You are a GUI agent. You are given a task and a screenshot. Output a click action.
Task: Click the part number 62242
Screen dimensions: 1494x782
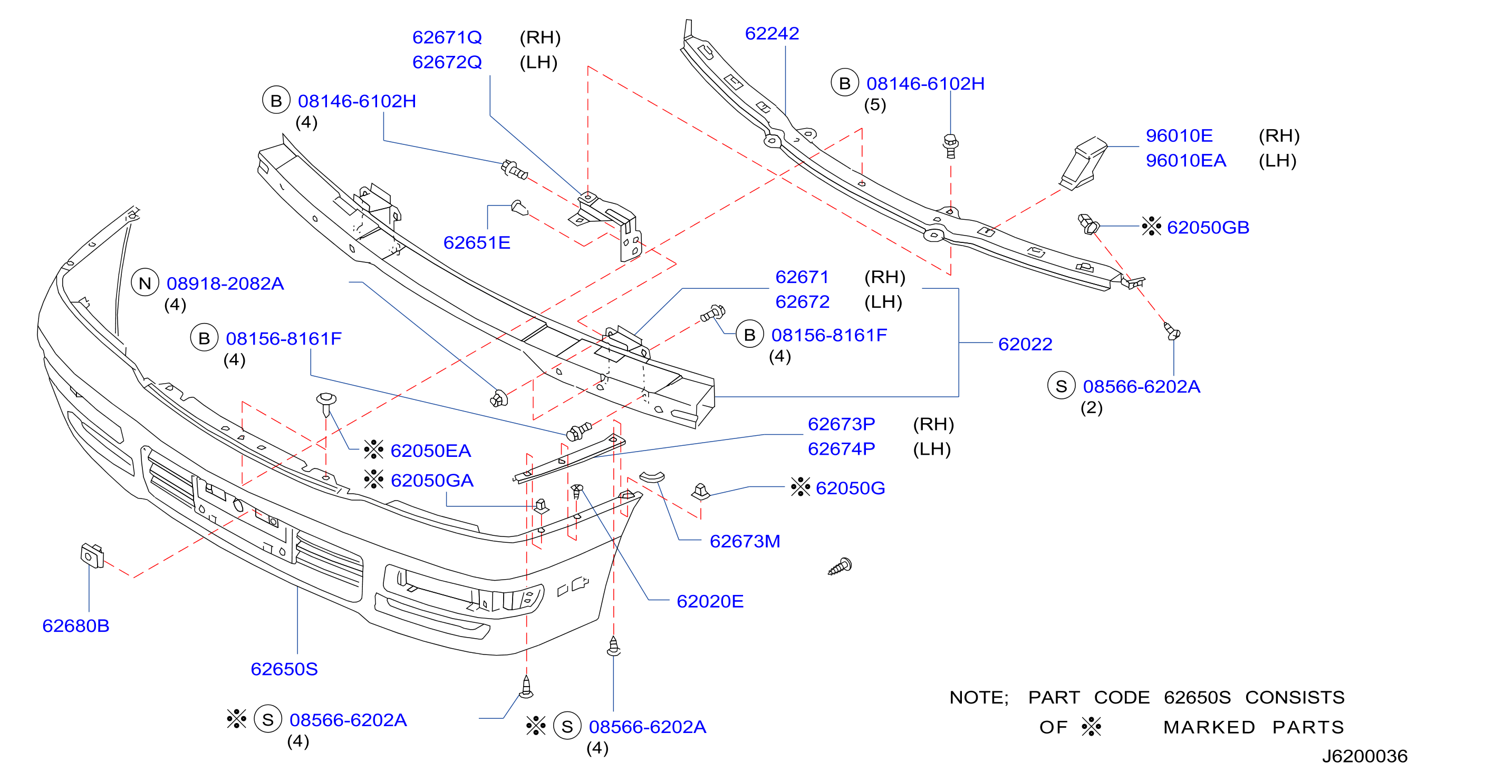(x=772, y=34)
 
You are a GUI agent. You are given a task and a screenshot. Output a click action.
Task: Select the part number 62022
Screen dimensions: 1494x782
(x=1025, y=344)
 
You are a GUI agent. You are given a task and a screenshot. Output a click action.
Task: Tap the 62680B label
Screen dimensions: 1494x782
(x=76, y=626)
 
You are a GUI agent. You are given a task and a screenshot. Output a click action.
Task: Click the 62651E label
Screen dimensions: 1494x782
(x=477, y=243)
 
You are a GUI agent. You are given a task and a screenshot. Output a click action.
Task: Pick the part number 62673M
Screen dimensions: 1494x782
(x=745, y=541)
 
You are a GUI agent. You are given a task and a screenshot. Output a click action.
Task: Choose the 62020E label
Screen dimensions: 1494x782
(x=710, y=602)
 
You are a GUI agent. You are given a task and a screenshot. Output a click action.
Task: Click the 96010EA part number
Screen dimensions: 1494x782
(x=1186, y=161)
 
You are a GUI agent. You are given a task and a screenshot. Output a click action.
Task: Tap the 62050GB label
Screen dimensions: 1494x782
(x=1208, y=227)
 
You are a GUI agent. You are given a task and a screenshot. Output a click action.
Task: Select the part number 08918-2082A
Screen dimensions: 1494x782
(x=225, y=284)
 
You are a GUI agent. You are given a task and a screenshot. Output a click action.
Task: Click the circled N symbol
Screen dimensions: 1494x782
(x=145, y=284)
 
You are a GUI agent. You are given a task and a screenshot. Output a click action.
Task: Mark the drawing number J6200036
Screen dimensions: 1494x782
(x=1365, y=757)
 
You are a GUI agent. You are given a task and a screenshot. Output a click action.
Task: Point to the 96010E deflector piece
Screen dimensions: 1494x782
(x=1083, y=163)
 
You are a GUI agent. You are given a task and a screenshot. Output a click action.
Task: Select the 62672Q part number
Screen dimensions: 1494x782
(x=447, y=62)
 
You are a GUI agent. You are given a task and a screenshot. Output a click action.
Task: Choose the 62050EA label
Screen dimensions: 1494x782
(x=430, y=451)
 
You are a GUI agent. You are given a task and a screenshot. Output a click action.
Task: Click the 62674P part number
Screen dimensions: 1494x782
(x=841, y=449)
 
